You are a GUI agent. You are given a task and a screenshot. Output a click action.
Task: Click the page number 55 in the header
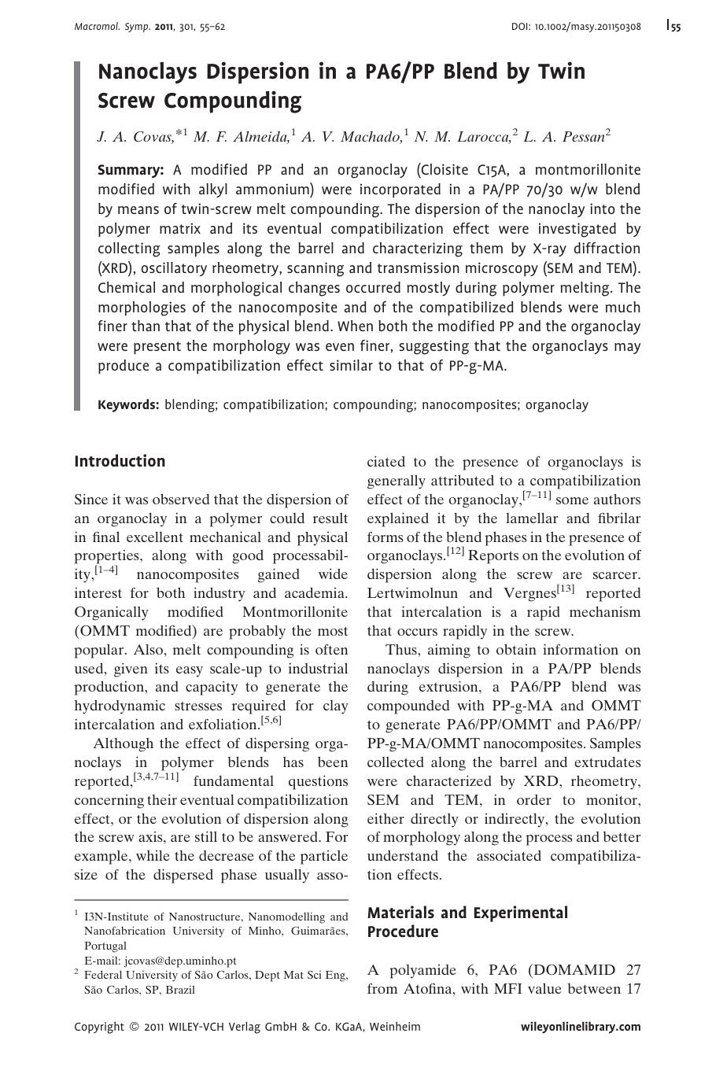pyautogui.click(x=676, y=27)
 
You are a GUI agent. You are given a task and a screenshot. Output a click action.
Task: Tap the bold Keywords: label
pyautogui.click(x=128, y=405)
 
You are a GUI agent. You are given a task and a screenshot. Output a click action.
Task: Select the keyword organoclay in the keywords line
pyautogui.click(x=556, y=405)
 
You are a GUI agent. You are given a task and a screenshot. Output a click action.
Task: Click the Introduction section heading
pyautogui.click(x=120, y=462)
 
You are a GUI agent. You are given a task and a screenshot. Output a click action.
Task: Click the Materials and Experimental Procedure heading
pyautogui.click(x=467, y=922)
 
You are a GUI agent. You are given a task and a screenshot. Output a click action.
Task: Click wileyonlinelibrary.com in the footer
pyautogui.click(x=581, y=1027)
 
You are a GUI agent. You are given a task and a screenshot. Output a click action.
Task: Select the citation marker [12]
pyautogui.click(x=456, y=552)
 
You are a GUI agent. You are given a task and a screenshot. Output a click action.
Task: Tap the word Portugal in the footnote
pyautogui.click(x=105, y=946)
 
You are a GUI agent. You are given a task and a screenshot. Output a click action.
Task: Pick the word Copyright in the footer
pyautogui.click(x=99, y=1027)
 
